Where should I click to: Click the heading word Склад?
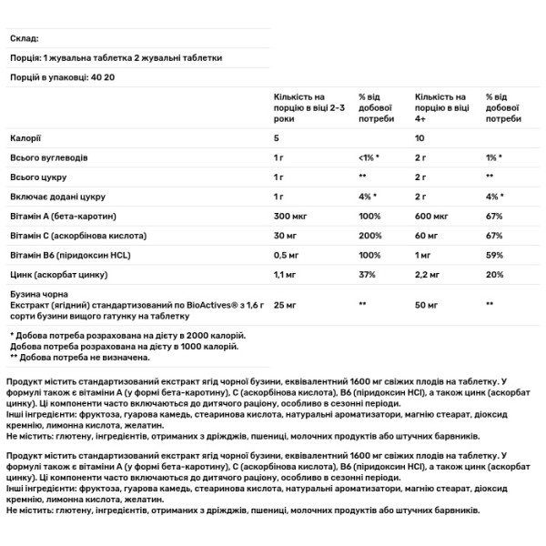pos(24,38)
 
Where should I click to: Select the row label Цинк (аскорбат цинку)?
pos(56,273)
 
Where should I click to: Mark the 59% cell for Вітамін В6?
pos(495,254)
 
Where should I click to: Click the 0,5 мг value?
pos(288,254)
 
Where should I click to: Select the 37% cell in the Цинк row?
pos(367,273)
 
